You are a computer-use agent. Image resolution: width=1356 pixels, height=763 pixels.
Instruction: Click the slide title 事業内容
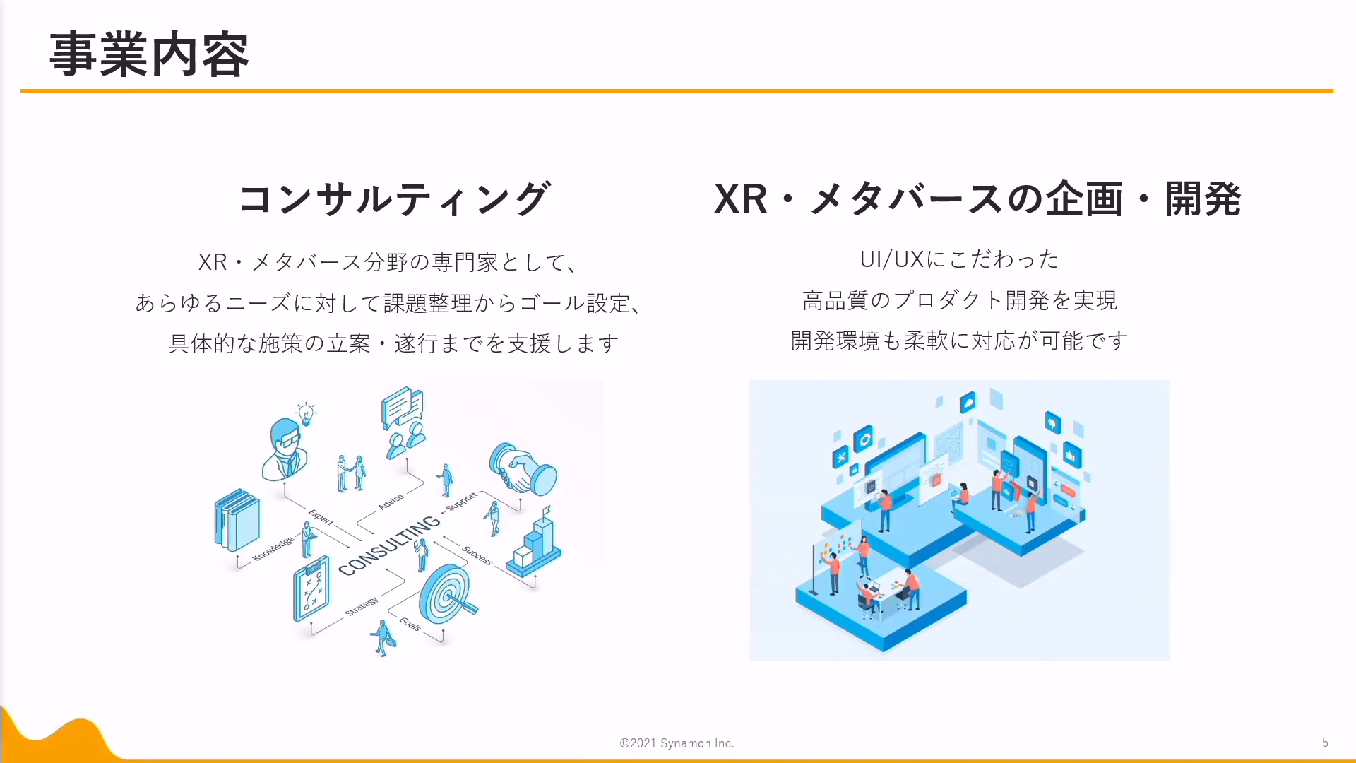point(149,54)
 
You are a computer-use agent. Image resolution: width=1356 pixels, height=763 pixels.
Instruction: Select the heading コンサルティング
point(393,199)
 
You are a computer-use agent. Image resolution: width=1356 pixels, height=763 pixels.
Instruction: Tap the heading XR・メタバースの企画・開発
point(977,199)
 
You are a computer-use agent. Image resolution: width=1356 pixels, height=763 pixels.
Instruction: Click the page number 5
point(1325,743)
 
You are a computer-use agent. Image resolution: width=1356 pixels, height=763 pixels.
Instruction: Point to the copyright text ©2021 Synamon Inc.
point(677,743)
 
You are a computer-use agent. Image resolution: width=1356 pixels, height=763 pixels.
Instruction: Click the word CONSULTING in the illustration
point(389,545)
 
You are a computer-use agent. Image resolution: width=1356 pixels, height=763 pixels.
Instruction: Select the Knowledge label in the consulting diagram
point(273,549)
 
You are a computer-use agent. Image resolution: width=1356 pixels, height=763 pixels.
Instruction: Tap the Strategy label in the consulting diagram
point(362,606)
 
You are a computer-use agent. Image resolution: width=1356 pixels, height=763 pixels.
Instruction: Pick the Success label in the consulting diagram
point(477,555)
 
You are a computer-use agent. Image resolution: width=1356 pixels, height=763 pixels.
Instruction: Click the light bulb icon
point(306,413)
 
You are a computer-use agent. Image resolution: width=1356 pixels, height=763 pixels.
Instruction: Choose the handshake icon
point(523,470)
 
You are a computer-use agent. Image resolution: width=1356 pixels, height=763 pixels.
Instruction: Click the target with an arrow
point(446,595)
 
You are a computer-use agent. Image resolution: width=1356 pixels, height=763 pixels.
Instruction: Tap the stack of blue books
point(237,520)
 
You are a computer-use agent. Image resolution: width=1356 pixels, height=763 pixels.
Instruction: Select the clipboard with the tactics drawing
point(311,588)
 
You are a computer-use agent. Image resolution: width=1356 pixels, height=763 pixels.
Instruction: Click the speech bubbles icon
point(403,407)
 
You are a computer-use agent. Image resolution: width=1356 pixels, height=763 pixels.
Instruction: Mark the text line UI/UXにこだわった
point(959,259)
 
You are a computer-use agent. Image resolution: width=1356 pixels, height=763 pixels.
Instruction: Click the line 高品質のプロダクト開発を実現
point(959,300)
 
